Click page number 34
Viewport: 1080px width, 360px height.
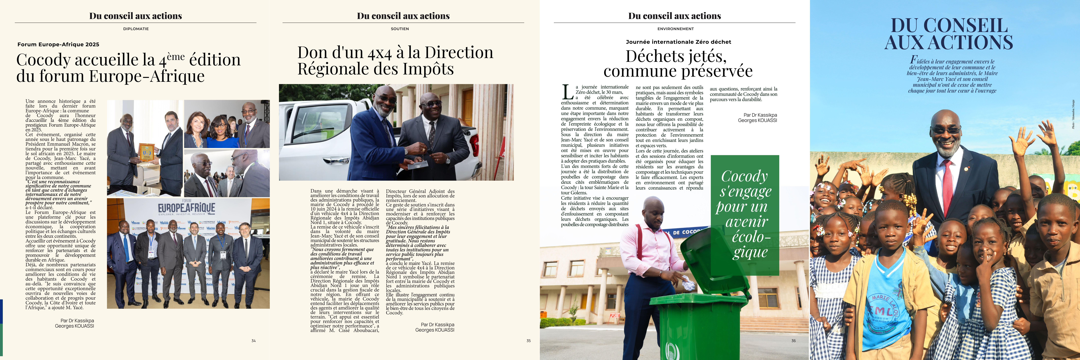click(x=253, y=341)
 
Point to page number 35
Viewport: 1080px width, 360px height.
click(x=528, y=341)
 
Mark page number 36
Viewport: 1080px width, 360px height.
click(x=793, y=341)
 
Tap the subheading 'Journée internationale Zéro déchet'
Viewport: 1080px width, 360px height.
click(x=678, y=42)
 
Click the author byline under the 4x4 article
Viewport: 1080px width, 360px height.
click(x=435, y=327)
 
